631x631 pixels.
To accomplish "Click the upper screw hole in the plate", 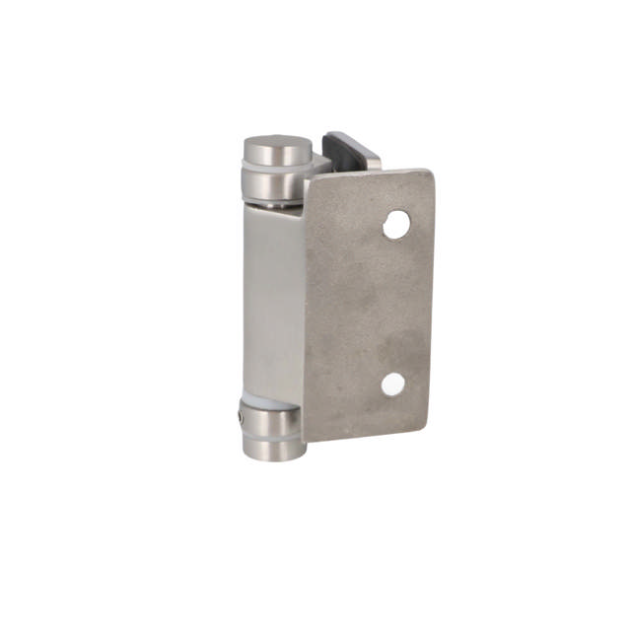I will [x=396, y=225].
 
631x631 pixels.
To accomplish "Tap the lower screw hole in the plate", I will [x=393, y=385].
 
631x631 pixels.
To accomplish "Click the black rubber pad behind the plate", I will [x=347, y=151].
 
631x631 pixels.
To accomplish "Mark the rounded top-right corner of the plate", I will [x=427, y=175].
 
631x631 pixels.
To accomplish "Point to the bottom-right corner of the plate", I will [x=425, y=429].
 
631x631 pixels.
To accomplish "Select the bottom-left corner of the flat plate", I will [x=309, y=440].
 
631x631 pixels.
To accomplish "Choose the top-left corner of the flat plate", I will [x=308, y=181].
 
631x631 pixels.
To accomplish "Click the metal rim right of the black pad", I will [x=373, y=158].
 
